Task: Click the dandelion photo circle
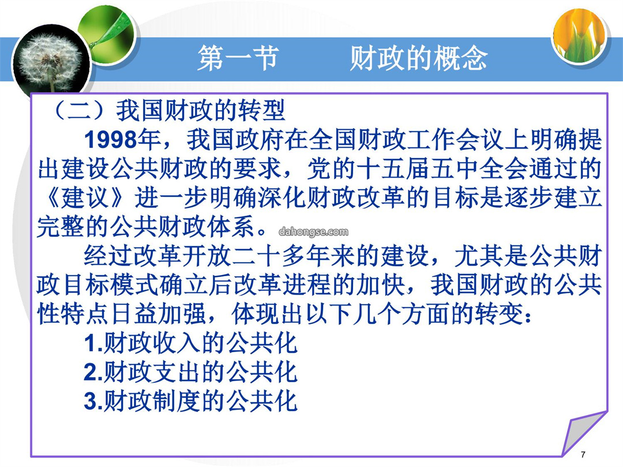point(51,63)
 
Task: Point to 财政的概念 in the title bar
point(419,58)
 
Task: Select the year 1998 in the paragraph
point(110,140)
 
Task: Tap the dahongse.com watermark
point(313,232)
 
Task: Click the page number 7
point(583,454)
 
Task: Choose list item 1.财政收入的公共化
point(191,343)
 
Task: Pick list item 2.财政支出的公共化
point(191,372)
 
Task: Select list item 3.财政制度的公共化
point(191,401)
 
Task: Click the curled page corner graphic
point(583,434)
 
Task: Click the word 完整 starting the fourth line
point(61,227)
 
